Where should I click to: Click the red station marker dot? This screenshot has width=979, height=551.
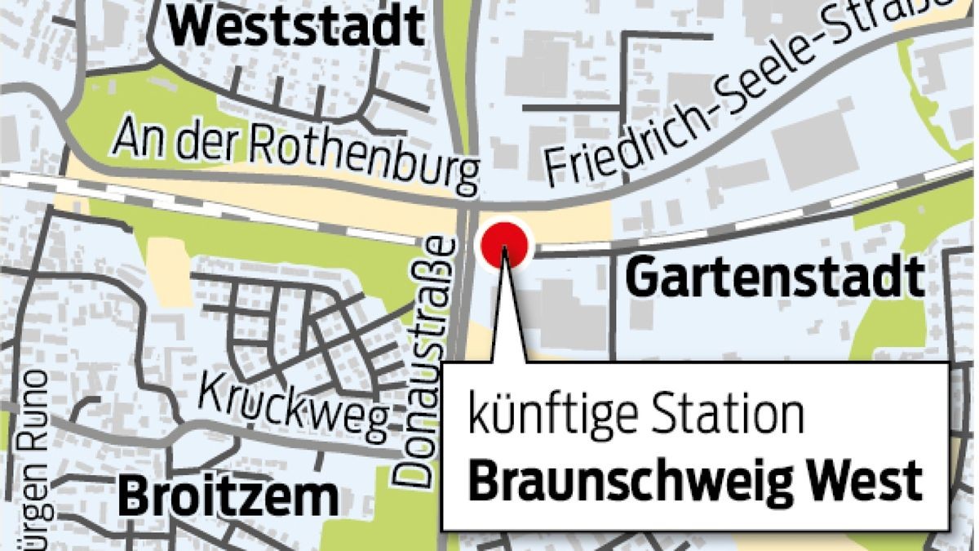click(x=505, y=244)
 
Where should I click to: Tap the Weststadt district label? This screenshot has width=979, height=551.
click(x=299, y=27)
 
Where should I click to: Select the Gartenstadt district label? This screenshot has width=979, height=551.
click(x=775, y=278)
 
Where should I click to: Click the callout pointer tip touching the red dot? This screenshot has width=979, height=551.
click(x=505, y=253)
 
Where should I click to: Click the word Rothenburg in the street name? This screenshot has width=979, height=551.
click(x=368, y=159)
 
